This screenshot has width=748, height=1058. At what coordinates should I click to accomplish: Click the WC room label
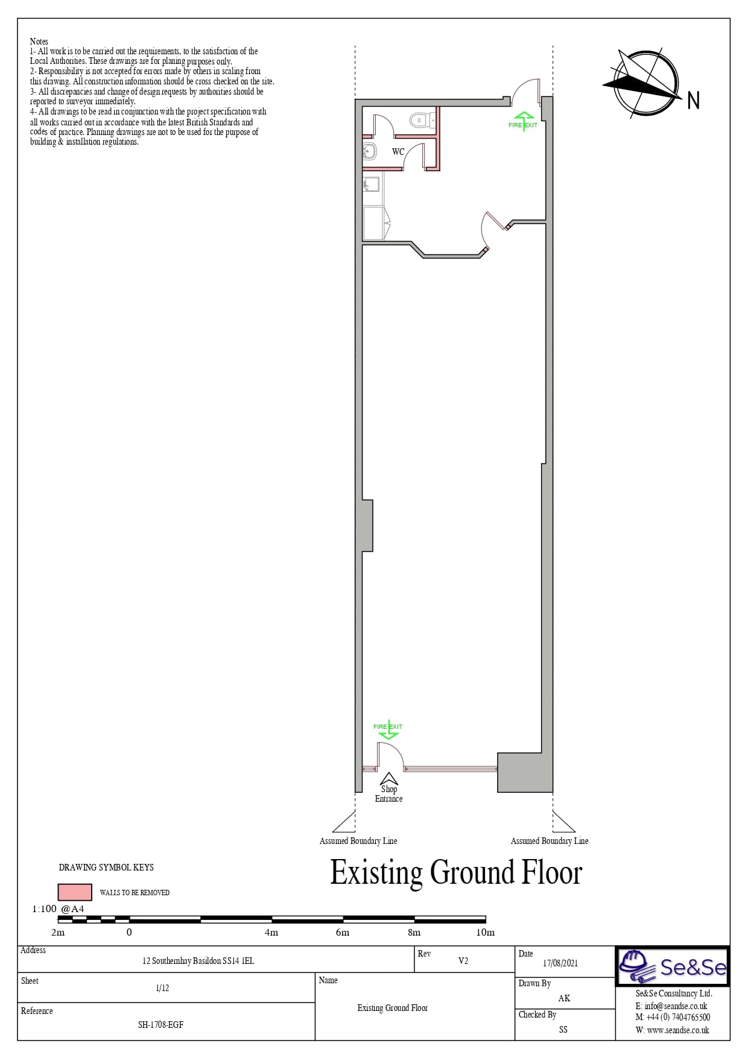(398, 151)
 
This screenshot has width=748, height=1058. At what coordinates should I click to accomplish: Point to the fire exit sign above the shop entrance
(388, 729)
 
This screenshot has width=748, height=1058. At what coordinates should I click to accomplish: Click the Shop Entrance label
(388, 793)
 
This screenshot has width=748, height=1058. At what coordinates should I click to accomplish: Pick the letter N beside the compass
(694, 100)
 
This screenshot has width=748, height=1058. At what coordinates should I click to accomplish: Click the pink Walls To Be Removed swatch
(75, 892)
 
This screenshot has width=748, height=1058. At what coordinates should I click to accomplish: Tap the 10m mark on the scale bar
(485, 932)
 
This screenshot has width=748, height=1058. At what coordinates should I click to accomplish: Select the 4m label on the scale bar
(271, 932)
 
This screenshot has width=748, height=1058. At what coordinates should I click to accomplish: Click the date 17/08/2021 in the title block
(560, 963)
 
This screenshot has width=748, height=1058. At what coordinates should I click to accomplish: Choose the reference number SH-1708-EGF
(160, 1024)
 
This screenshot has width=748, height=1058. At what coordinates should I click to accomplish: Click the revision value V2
(463, 960)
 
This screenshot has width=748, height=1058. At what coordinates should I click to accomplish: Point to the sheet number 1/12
(162, 988)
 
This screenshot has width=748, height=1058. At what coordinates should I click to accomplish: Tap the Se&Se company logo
(673, 967)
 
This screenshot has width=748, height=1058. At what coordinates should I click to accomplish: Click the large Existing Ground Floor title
(456, 873)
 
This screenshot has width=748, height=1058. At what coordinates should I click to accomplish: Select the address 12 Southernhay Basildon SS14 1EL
(198, 960)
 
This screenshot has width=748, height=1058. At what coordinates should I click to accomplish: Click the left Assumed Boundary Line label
(358, 840)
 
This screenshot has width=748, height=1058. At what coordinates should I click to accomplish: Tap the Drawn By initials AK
(564, 998)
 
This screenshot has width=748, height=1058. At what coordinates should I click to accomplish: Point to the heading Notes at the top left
(39, 42)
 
